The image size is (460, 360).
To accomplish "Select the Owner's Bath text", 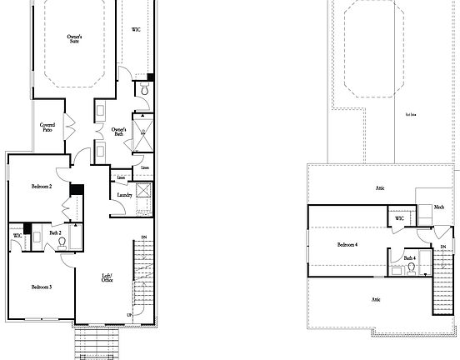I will click(118, 132).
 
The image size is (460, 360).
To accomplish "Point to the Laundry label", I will click(125, 195).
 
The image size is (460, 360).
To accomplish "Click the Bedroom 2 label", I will click(42, 186).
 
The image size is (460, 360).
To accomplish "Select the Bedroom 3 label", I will click(42, 287).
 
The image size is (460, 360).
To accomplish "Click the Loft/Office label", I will click(107, 277).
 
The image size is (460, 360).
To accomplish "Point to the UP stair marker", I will click(128, 315).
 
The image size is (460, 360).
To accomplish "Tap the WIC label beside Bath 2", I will click(17, 236).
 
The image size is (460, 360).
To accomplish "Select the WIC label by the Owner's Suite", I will click(136, 29).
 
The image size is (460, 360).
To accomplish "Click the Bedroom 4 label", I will click(347, 244).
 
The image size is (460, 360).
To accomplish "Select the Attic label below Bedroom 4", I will click(376, 298).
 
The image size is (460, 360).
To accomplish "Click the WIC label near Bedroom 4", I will click(399, 218).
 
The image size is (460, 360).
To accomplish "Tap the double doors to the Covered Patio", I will click(71, 127).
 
